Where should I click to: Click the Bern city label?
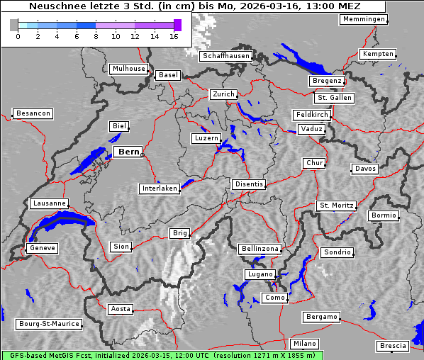128,152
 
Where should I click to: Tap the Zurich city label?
223,94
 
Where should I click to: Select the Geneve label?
42,248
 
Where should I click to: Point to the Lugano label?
259,274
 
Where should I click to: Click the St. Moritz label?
336,206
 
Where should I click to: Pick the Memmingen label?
364,19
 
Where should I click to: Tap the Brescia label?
393,346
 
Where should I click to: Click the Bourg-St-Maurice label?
49,324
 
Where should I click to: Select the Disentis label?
249,184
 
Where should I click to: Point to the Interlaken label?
160,189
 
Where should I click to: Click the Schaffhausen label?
225,55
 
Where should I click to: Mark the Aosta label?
121,309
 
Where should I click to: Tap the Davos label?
365,169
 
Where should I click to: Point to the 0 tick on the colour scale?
18,35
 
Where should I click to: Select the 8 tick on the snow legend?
96,35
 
